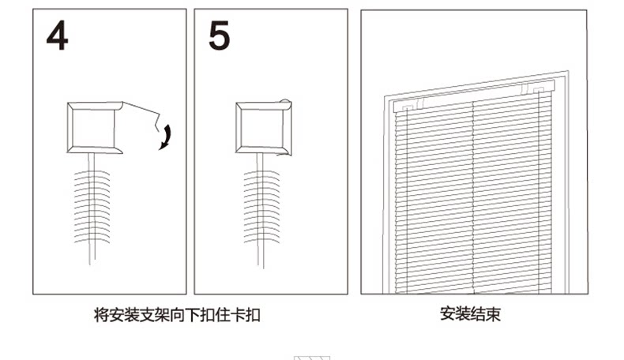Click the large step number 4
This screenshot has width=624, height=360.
[57, 36]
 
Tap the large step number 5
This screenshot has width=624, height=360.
[220, 36]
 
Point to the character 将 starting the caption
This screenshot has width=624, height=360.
[100, 315]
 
